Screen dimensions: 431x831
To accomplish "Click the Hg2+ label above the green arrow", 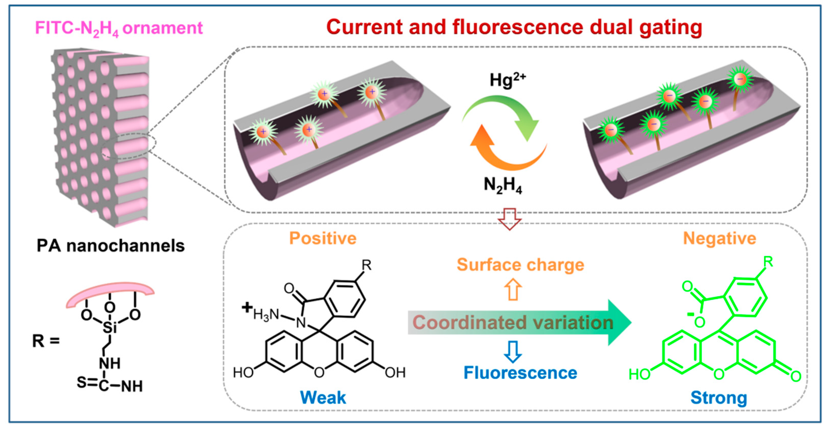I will (507, 80).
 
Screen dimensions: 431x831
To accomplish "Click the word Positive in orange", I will (323, 239).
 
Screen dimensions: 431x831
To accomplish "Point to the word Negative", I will (719, 239).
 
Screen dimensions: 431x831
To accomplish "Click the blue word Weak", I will (323, 397).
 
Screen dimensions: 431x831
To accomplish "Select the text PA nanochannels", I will (110, 246).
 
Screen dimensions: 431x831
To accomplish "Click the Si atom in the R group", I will (110, 328).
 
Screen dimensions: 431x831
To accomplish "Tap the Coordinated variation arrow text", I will (513, 322).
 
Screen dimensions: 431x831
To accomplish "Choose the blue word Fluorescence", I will (520, 373).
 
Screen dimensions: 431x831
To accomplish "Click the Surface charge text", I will (520, 265).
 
